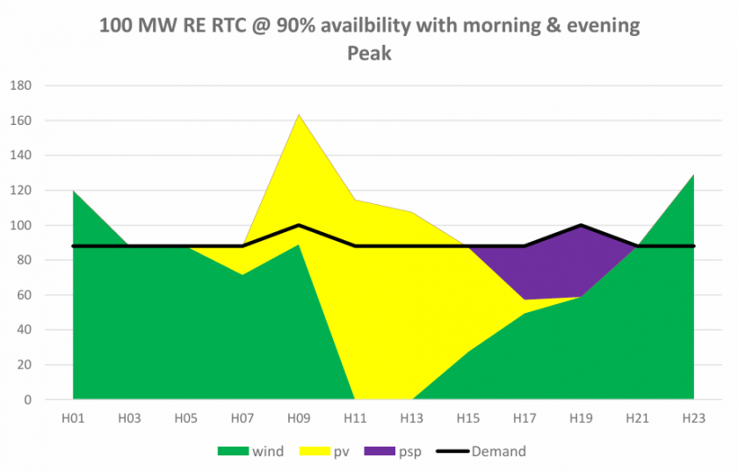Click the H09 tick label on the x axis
pyautogui.click(x=299, y=415)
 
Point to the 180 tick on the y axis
pyautogui.click(x=20, y=86)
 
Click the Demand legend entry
pyautogui.click(x=497, y=451)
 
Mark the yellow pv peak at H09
pyautogui.click(x=300, y=115)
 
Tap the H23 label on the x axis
pyautogui.click(x=694, y=415)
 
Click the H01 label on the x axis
pyautogui.click(x=73, y=415)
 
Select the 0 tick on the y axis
pyautogui.click(x=27, y=400)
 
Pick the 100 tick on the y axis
pyautogui.click(x=20, y=226)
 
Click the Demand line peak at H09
pyautogui.click(x=300, y=225)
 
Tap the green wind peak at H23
pyautogui.click(x=693, y=176)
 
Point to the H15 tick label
pyautogui.click(x=468, y=415)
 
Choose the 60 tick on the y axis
pyautogui.click(x=24, y=295)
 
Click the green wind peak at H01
pyautogui.click(x=74, y=192)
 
